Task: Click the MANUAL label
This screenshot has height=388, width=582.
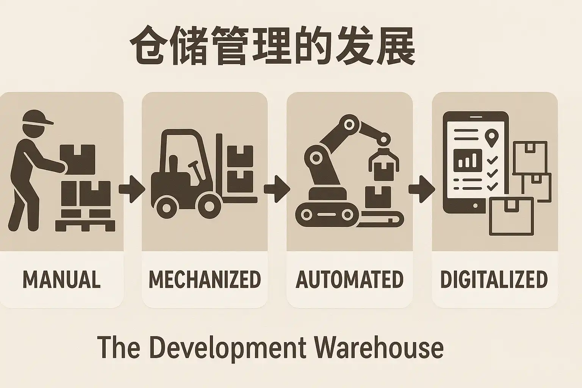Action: point(61,279)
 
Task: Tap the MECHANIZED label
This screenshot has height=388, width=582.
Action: point(205,279)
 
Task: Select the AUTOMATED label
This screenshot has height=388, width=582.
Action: point(349,279)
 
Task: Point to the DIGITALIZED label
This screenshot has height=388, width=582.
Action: point(494,279)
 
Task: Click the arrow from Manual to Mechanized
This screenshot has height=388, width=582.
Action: point(132,189)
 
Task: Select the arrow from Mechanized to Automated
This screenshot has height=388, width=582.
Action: point(277,189)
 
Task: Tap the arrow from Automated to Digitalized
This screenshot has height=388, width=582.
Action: point(422,189)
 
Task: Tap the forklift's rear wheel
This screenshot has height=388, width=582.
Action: point(166,207)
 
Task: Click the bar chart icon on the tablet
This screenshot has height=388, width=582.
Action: point(468,160)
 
